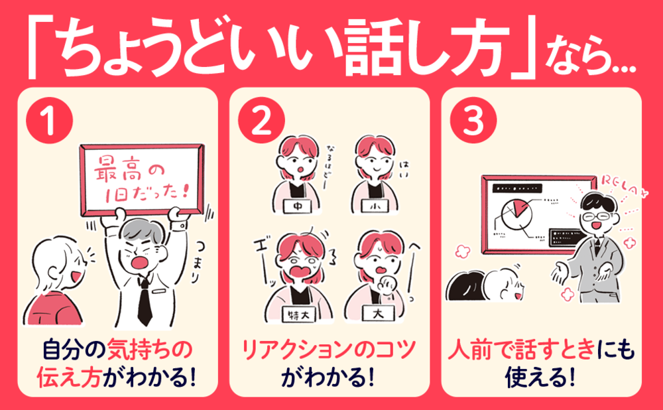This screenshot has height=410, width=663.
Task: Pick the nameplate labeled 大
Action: coord(376,312)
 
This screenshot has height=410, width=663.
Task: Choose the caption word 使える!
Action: coord(541,378)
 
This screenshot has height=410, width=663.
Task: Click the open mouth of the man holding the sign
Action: coord(141,259)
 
